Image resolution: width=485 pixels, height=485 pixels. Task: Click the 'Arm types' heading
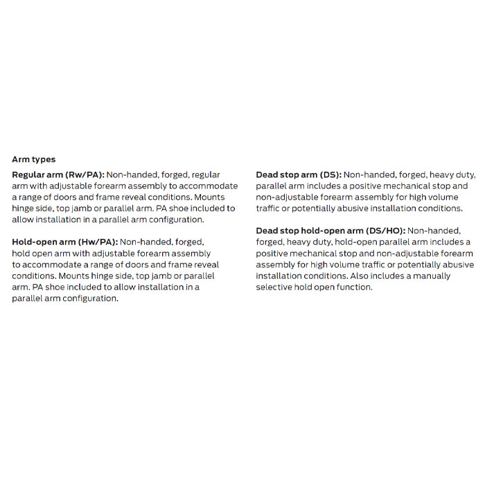pos(34,159)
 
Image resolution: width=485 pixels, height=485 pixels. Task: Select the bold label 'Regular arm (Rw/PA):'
pos(58,175)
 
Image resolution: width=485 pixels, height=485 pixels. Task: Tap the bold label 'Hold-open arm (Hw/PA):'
pos(65,242)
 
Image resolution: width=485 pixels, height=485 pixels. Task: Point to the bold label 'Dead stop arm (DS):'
pos(298,175)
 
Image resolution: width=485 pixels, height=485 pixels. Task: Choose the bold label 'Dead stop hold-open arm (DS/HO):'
pos(330,231)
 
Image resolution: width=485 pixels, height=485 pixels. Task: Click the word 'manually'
pos(430,276)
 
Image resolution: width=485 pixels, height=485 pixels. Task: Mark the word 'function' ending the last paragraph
pos(353,287)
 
